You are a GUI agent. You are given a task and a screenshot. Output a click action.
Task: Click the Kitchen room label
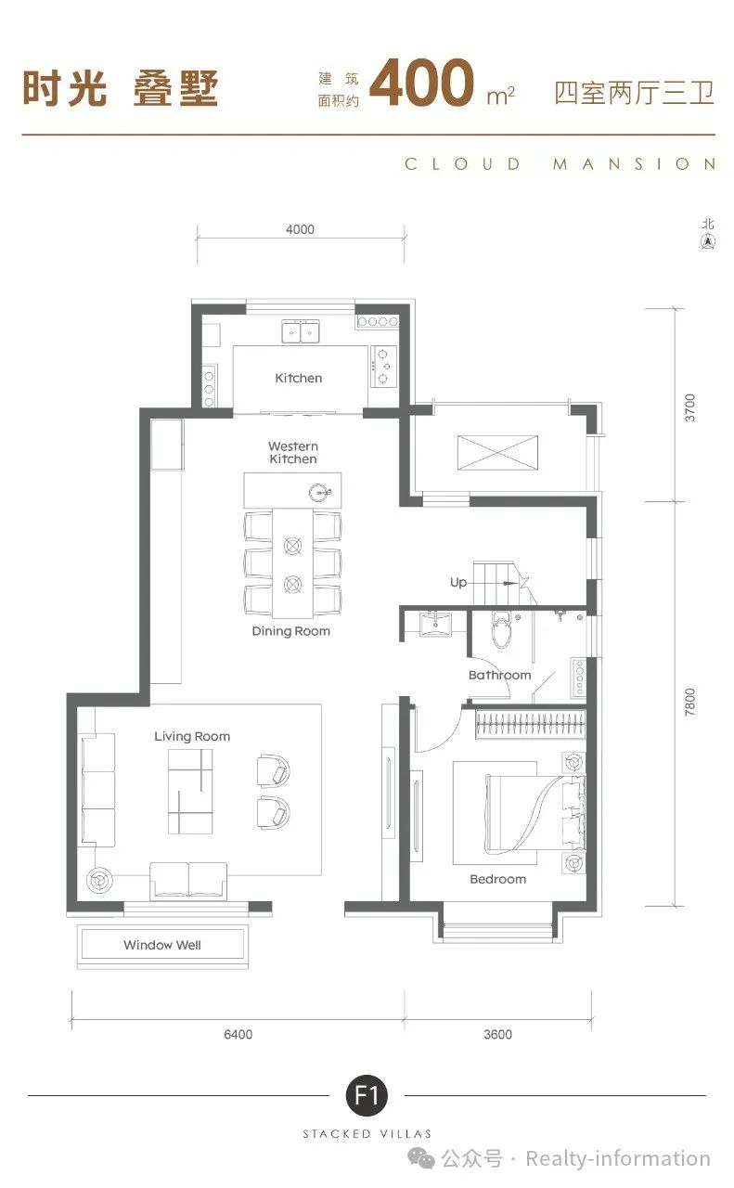pyautogui.click(x=299, y=378)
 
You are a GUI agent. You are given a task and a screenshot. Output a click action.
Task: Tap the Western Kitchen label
pyautogui.click(x=293, y=452)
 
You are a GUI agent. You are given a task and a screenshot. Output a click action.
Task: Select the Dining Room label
pyautogui.click(x=291, y=631)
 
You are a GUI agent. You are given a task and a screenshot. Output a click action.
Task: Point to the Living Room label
pyautogui.click(x=192, y=737)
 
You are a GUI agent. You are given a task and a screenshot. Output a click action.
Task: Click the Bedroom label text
pyautogui.click(x=498, y=879)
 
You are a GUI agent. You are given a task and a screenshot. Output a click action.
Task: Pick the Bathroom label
pyautogui.click(x=499, y=675)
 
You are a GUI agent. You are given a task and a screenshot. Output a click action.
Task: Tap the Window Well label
pyautogui.click(x=162, y=945)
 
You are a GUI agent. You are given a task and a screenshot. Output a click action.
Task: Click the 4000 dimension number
pyautogui.click(x=300, y=229)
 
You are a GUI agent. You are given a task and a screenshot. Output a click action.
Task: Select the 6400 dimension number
pyautogui.click(x=238, y=1034)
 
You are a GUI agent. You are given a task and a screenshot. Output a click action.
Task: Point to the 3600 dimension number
pyautogui.click(x=498, y=1034)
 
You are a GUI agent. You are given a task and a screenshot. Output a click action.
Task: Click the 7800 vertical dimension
pyautogui.click(x=689, y=702)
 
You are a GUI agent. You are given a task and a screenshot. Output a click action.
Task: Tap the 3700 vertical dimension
pyautogui.click(x=689, y=407)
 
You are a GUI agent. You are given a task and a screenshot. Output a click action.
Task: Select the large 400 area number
pyautogui.click(x=421, y=83)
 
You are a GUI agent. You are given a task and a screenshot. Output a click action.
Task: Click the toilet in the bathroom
pyautogui.click(x=501, y=629)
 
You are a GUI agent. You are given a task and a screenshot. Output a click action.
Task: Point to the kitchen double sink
pyautogui.click(x=300, y=331)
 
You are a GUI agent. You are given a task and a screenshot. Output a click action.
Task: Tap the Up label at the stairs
pyautogui.click(x=458, y=582)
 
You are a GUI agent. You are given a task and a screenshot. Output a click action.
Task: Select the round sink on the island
pyautogui.click(x=320, y=493)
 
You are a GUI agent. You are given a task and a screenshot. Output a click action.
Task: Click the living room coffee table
pyautogui.click(x=190, y=791)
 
